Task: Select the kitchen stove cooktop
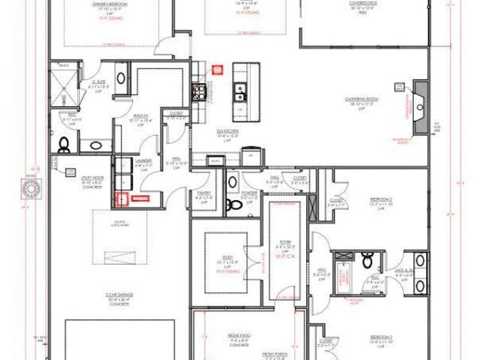pyautogui.click(x=199, y=92)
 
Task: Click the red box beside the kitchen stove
pyautogui.click(x=217, y=70)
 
